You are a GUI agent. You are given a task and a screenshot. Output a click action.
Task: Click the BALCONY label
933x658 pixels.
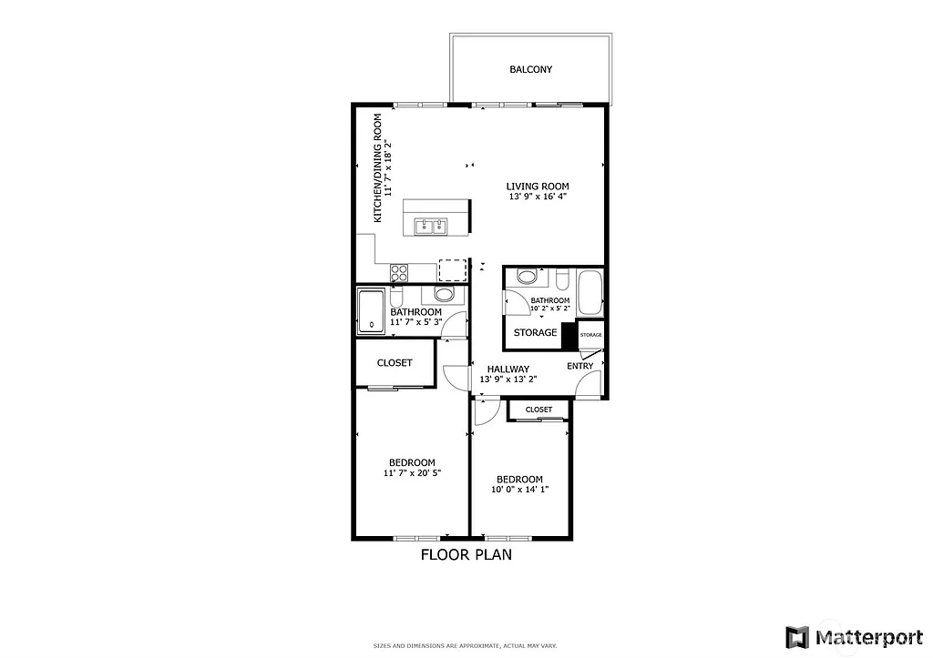point(530,69)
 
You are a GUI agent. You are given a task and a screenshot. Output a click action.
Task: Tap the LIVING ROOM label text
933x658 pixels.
point(538,187)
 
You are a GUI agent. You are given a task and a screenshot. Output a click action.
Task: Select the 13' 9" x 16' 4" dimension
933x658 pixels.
point(538,197)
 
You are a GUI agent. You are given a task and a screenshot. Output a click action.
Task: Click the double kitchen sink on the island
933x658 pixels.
point(428,226)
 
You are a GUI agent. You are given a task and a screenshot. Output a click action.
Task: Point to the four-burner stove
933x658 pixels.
point(399,270)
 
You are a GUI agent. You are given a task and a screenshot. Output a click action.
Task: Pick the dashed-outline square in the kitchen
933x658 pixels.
point(451,270)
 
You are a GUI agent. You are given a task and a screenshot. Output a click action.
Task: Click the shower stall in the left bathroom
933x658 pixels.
point(372,310)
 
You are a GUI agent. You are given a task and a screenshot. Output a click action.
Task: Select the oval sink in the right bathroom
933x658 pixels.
point(527,277)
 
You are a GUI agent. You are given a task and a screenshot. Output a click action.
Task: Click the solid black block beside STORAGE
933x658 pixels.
point(569,335)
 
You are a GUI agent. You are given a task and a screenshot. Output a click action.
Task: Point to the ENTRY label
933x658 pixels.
point(580,366)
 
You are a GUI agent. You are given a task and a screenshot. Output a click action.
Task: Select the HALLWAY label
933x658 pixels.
point(508,369)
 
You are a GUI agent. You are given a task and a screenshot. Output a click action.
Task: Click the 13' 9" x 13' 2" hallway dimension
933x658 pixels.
point(508,380)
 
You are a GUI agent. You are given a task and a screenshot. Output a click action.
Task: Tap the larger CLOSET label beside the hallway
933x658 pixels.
point(395,362)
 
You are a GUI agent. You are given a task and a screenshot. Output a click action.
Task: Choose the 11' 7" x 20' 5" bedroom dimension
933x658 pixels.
point(412,473)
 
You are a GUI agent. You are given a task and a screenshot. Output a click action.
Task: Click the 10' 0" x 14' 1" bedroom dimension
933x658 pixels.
point(519,490)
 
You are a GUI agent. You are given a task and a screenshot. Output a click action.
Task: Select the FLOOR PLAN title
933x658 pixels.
point(466,554)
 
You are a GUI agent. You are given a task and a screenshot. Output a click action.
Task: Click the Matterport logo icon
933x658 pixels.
point(797,635)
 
